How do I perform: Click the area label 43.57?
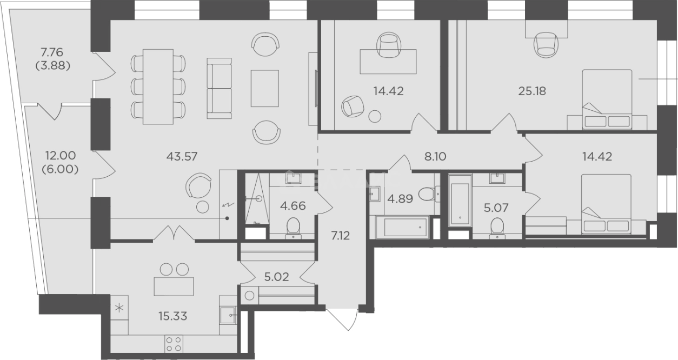click(182, 156)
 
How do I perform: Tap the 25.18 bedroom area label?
click(532, 91)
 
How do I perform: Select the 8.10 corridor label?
click(435, 156)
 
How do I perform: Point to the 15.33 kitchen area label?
click(173, 316)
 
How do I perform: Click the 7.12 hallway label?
click(341, 236)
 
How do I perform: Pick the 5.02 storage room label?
click(277, 277)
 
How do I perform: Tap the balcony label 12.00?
click(60, 156)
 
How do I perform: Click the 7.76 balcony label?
click(52, 52)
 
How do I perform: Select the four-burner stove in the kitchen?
click(174, 344)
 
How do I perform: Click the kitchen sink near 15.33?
click(228, 315)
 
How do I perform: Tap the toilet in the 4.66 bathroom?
click(293, 228)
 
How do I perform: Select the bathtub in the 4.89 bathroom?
click(402, 227)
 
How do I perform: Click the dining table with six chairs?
click(158, 87)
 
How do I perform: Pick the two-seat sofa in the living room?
click(219, 88)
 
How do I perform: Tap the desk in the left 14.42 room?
click(388, 62)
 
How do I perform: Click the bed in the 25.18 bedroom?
click(607, 99)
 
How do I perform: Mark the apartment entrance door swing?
click(342, 319)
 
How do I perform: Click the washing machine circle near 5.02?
click(249, 296)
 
